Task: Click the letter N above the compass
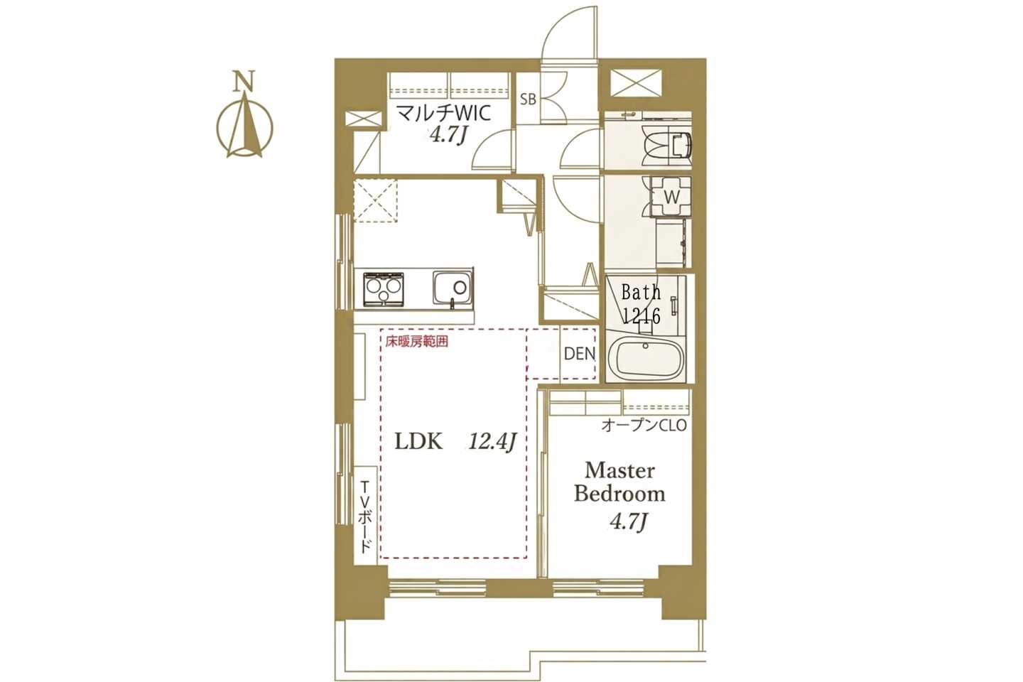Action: [x=245, y=81]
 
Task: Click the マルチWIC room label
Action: [x=443, y=113]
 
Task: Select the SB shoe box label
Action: [x=528, y=99]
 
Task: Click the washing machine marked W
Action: [x=671, y=197]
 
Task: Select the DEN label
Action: [x=580, y=354]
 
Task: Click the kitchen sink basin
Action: [x=453, y=288]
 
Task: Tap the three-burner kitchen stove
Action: [x=384, y=290]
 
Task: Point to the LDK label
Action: [x=419, y=442]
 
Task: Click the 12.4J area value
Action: [x=492, y=442]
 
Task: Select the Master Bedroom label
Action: [x=619, y=482]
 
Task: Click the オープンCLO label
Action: [x=644, y=426]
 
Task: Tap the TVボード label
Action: [x=366, y=516]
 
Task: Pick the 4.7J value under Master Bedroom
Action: [x=629, y=521]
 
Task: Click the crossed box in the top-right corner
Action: [x=636, y=83]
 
